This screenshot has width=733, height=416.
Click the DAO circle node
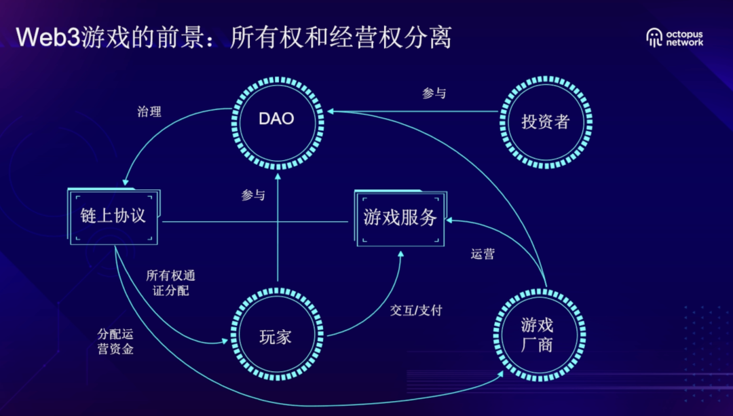pos(276,119)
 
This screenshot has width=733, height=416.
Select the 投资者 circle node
pos(545,122)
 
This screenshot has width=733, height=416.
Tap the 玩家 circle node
pos(276,337)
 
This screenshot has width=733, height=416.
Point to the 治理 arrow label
pos(149,112)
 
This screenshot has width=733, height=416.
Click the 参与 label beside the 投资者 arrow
pos(434,94)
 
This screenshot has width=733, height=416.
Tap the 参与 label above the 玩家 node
pos(252,195)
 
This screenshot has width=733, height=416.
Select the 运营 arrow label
pos(483,255)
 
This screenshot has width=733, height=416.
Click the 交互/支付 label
pos(415,311)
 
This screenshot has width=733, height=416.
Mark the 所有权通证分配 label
pos(170,284)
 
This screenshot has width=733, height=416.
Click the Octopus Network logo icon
pos(655,37)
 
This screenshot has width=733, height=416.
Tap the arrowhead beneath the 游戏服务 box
pos(401,254)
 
